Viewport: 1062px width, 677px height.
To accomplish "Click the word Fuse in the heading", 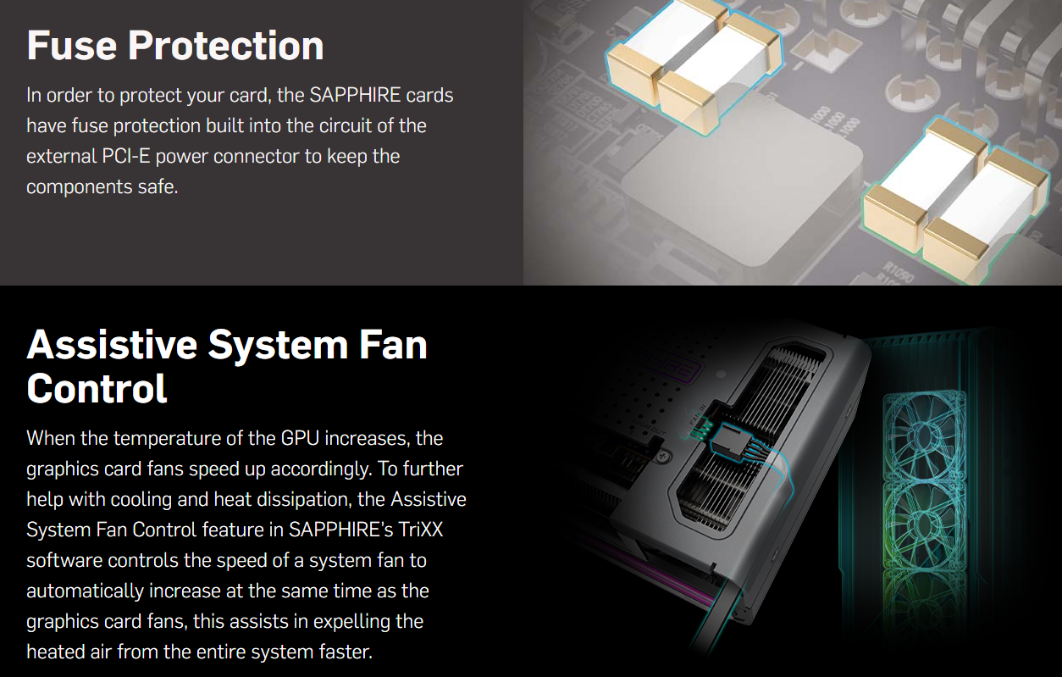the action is click(72, 46).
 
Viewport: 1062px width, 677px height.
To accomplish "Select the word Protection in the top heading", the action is click(225, 46).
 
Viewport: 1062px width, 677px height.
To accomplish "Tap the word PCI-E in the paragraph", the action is click(125, 156).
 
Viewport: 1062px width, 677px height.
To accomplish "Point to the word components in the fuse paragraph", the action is click(79, 187).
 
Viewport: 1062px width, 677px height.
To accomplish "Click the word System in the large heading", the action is click(278, 347).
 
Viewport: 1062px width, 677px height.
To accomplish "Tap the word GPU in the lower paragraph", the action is click(300, 438).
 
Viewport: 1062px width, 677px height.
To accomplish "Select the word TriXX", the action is click(420, 530).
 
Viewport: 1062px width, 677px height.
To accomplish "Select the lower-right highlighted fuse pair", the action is click(955, 199).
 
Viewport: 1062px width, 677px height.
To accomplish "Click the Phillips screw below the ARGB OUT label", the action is click(663, 457).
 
